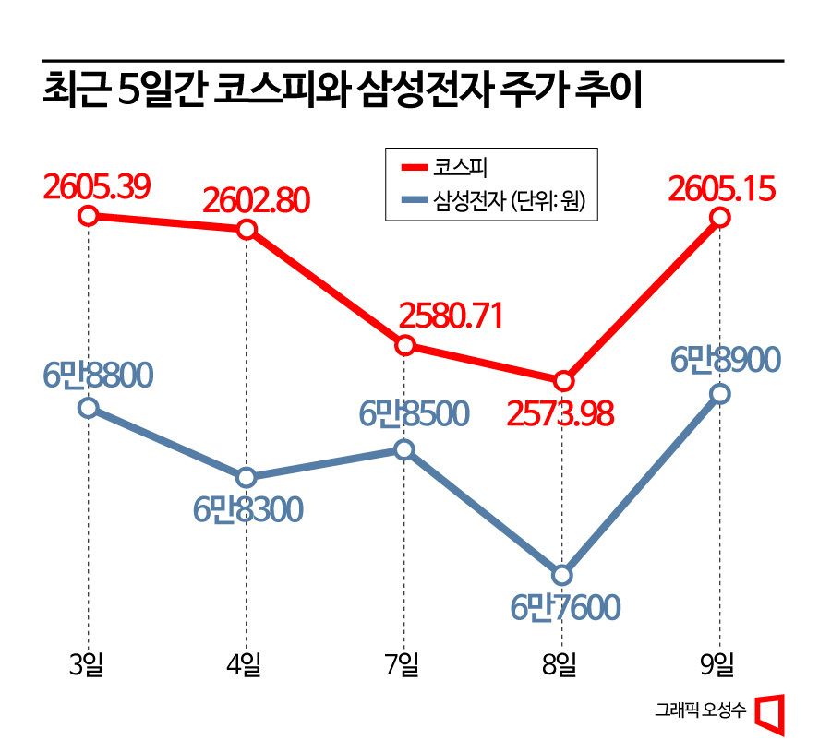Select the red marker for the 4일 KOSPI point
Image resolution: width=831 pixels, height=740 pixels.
click(x=247, y=230)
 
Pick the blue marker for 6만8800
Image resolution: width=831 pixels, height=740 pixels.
click(x=88, y=407)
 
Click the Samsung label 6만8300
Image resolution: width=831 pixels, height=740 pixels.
click(x=247, y=509)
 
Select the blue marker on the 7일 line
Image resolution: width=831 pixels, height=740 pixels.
click(x=404, y=450)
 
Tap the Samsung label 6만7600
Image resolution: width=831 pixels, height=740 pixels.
click(x=564, y=607)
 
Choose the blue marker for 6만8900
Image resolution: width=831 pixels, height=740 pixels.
click(x=720, y=394)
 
